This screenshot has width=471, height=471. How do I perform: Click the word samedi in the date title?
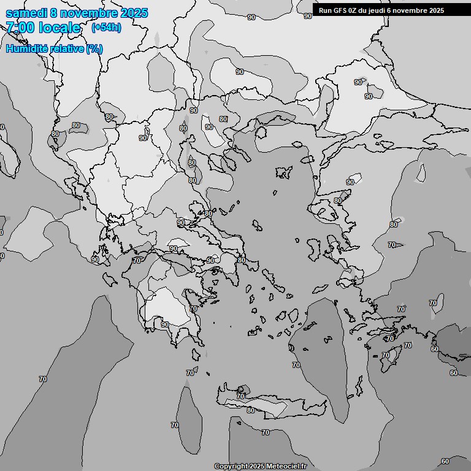pos(26,13)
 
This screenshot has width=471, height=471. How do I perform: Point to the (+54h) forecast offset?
pos(106,28)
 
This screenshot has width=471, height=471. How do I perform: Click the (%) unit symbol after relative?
pos(94,48)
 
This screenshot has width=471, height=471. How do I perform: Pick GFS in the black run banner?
pos(342,10)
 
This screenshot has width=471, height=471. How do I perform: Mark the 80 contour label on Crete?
pos(250,410)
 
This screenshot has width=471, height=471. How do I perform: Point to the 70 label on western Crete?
pos(240,396)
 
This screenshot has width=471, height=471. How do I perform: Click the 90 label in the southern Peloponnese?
pos(165,324)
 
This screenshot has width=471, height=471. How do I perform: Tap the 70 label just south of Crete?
pos(265,432)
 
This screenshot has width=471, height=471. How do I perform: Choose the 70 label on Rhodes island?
pos(386,355)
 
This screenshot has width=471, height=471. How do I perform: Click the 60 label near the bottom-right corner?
pos(445,461)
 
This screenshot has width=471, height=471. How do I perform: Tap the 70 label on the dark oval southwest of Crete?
pos(175,425)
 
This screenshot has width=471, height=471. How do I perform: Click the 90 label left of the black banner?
pos(308,16)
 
